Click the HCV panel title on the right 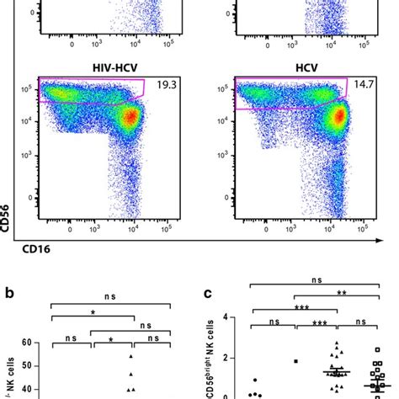pos(295,65)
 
